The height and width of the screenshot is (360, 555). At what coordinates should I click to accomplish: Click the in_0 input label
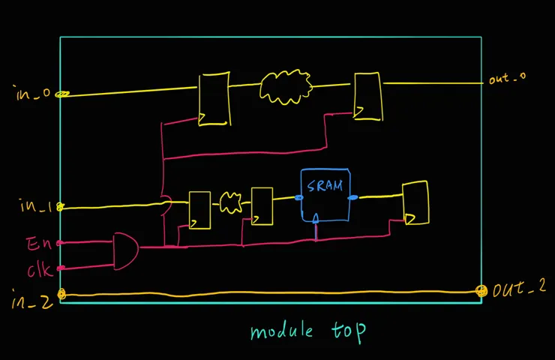point(33,93)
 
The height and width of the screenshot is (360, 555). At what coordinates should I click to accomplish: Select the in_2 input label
point(31,299)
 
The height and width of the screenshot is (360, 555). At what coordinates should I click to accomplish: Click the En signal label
point(39,244)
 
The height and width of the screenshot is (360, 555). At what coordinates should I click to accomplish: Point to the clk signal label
point(40,271)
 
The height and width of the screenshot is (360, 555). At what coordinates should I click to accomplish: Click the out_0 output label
point(507,78)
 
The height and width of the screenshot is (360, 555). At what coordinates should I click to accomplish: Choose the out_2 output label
point(519,289)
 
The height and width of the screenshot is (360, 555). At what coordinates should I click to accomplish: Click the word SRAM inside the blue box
point(325,185)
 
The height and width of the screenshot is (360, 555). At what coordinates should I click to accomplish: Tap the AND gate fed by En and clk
point(126,251)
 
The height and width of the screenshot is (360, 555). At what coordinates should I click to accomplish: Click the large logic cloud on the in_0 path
point(286,87)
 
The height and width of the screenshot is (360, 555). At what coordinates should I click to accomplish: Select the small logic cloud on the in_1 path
point(231,202)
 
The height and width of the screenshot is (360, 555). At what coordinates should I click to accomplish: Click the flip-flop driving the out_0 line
point(368,96)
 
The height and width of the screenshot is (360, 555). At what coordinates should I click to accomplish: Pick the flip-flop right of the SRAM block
point(416,202)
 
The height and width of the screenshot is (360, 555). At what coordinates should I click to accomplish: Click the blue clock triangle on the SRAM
point(316,218)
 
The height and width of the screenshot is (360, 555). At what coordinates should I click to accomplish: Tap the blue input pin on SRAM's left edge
point(299,197)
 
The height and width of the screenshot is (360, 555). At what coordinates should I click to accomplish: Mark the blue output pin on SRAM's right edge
point(353,197)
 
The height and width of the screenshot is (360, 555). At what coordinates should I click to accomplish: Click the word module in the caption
point(282,331)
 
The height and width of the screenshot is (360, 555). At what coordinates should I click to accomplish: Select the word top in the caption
point(348,331)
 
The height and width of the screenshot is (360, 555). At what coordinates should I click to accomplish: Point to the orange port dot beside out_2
point(481,291)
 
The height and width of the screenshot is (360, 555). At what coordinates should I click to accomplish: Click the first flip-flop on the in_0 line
point(214,99)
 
